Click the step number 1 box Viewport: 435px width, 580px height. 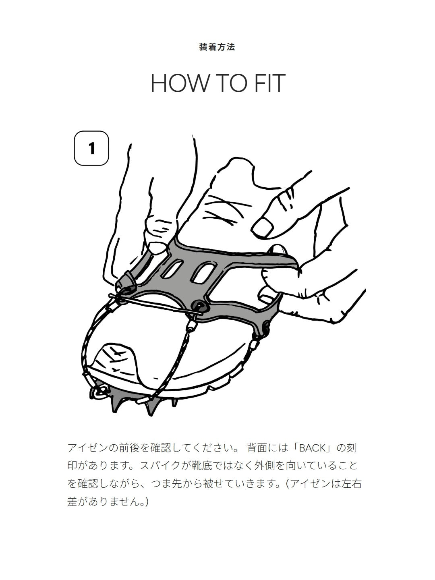pos(91,148)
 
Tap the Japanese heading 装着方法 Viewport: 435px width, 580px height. pos(217,47)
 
